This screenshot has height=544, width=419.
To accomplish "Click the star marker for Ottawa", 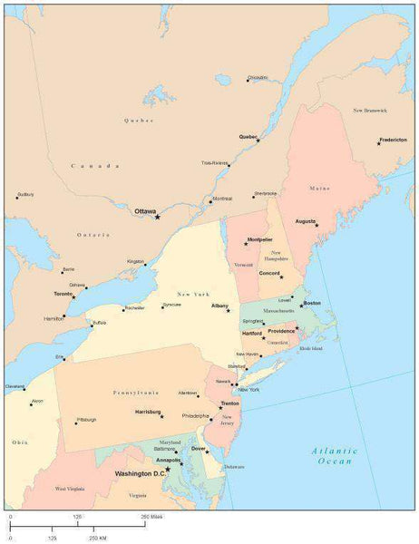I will (157, 217).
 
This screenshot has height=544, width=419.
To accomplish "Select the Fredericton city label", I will (393, 140).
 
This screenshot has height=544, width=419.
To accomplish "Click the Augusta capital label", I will (306, 220).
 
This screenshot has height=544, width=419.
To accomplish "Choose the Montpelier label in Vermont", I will (259, 239).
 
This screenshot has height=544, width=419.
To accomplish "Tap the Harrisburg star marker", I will (162, 414).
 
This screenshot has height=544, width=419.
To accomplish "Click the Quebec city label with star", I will (248, 136).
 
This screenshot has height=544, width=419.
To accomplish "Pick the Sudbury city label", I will (25, 193).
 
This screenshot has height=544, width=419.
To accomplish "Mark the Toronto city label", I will (63, 294).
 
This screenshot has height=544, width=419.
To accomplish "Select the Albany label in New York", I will (219, 306).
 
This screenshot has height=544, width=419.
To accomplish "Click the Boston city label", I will (311, 302).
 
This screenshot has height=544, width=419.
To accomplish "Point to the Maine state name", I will (319, 189).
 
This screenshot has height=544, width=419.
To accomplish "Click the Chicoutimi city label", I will (258, 78).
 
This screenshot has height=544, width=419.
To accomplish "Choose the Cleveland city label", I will (15, 385).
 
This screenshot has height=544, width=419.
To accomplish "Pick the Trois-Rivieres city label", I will (214, 163).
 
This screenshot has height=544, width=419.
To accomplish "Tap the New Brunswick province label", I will (370, 110).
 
